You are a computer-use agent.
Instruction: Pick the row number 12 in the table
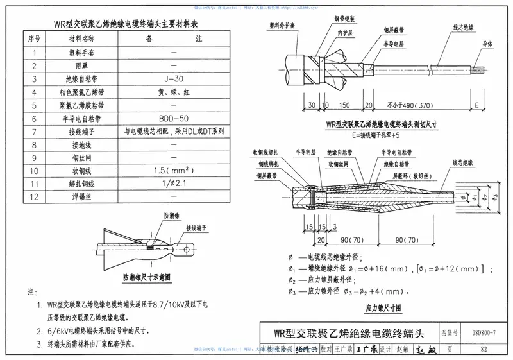pos(34,197)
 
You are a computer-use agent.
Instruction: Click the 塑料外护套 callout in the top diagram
pos(283,26)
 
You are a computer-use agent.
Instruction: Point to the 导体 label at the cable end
pos(487,45)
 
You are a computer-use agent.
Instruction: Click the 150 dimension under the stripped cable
pos(344,105)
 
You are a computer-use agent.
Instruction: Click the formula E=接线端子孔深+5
pos(381,135)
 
